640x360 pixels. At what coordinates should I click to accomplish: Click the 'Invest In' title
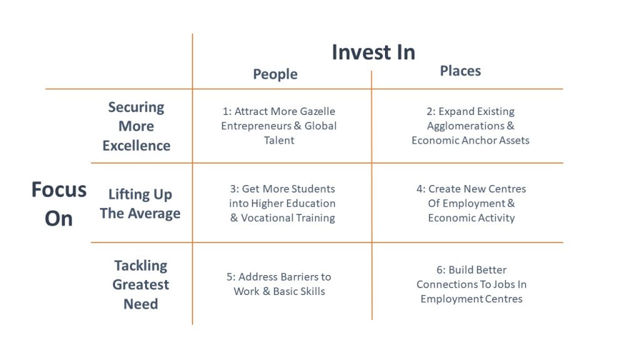click(373, 52)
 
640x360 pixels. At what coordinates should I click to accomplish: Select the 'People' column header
click(275, 74)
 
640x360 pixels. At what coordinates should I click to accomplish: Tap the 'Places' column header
click(460, 71)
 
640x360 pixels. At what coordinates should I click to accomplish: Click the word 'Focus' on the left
click(59, 190)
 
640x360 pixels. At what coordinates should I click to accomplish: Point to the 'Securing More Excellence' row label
click(136, 126)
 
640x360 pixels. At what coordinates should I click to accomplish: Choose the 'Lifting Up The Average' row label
click(140, 204)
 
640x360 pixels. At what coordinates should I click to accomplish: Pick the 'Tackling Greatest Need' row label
click(141, 284)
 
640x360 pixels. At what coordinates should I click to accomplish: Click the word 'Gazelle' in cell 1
click(317, 111)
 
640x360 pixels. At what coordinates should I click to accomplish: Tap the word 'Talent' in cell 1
click(279, 141)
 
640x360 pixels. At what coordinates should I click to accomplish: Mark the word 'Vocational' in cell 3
click(266, 218)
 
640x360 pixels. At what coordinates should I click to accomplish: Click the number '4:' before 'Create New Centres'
click(421, 189)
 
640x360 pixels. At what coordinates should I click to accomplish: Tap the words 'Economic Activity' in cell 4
click(471, 218)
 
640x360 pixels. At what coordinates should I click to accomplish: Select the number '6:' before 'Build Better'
click(441, 270)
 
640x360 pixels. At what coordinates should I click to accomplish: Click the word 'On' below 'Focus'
click(59, 219)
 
